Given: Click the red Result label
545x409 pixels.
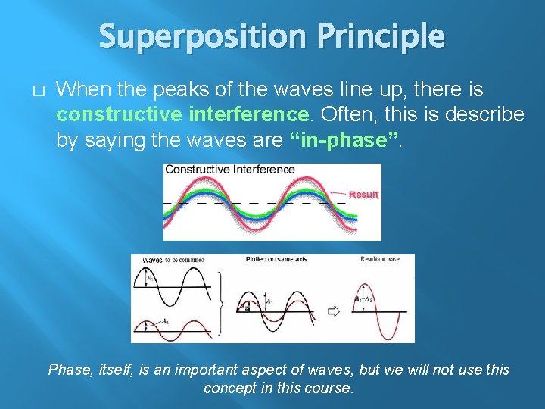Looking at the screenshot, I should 363,195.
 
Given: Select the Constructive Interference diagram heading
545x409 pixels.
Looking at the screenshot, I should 229,169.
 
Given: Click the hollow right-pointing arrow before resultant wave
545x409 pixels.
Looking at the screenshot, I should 333,311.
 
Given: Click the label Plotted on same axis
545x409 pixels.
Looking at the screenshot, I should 276,260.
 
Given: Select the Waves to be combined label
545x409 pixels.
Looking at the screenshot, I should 173,260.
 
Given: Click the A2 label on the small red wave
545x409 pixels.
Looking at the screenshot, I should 165,321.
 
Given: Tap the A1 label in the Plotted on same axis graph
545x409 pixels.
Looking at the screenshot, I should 269,301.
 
